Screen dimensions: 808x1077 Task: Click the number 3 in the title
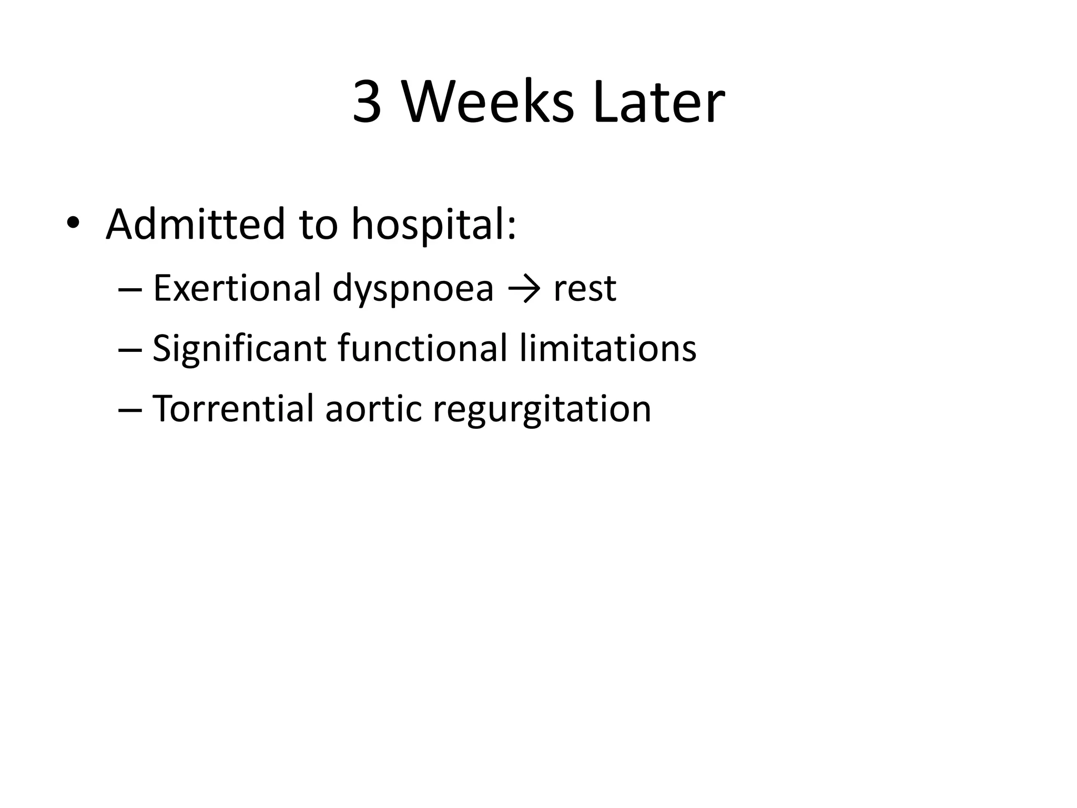pos(367,103)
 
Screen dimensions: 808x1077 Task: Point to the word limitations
pos(608,348)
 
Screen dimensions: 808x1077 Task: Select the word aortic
pos(373,409)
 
